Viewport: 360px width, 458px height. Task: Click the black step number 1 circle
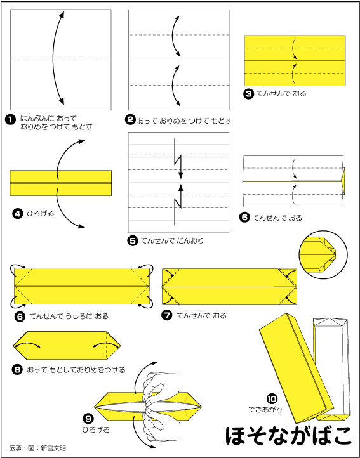point(10,120)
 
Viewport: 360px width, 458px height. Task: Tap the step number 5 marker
point(133,240)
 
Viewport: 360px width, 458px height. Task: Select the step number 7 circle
point(167,316)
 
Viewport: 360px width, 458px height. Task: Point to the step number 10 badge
point(272,399)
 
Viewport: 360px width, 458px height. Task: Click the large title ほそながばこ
point(288,436)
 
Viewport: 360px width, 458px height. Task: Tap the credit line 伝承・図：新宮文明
point(37,448)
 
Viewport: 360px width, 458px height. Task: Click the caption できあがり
point(265,410)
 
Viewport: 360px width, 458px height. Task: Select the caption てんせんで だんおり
point(172,240)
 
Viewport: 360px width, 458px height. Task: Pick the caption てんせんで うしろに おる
point(69,316)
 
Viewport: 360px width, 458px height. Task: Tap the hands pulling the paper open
point(160,408)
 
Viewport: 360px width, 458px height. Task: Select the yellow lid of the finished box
point(296,368)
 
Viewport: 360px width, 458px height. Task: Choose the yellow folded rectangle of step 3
point(295,60)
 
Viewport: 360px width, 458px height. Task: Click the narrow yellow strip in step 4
point(61,183)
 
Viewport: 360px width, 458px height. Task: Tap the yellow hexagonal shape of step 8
point(67,346)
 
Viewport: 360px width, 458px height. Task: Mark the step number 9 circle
point(88,419)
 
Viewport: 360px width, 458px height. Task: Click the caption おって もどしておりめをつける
point(76,370)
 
